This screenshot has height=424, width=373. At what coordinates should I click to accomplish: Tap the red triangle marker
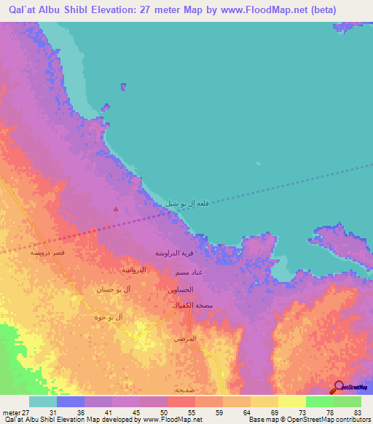(115, 210)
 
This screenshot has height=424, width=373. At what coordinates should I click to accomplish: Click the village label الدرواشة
(133, 270)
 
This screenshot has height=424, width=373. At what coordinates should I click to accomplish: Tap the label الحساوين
(180, 289)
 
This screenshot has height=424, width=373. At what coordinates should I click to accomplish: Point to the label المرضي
(185, 339)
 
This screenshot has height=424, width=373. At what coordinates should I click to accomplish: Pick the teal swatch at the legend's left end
(42, 401)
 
